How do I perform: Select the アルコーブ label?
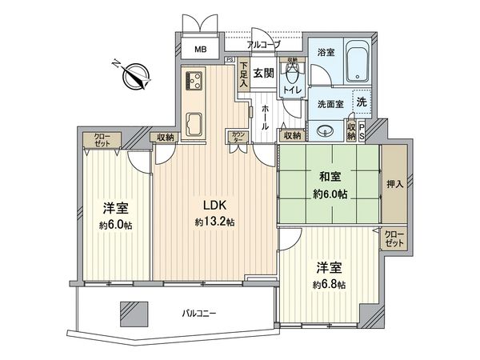263,45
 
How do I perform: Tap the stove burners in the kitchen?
194,81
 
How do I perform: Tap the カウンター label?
237,136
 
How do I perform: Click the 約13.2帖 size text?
213,221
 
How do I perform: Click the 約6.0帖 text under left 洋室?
117,225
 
